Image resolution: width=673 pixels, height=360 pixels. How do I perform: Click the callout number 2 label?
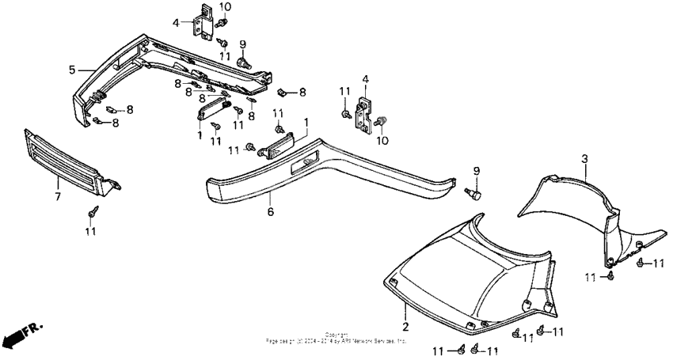click(405, 326)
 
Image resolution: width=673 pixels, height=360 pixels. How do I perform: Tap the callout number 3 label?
click(584, 159)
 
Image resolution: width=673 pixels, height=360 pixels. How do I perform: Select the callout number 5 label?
click(72, 70)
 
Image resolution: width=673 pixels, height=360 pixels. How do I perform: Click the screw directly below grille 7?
click(93, 212)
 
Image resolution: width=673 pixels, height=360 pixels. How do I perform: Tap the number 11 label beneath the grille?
click(91, 232)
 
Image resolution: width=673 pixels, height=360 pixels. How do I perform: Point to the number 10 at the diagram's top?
click(226, 6)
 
